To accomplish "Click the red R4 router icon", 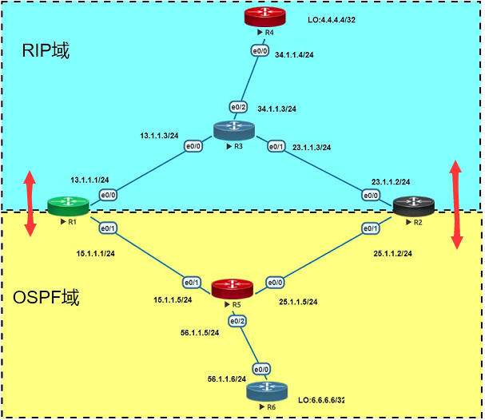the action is [264, 17].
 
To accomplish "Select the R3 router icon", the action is [234, 131].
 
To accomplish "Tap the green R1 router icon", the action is [69, 206].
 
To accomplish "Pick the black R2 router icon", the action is [414, 206].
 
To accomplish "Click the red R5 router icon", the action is [233, 289].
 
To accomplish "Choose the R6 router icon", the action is [267, 391].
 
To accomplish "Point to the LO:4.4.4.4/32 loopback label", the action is [332, 20].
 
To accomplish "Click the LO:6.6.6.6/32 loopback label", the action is [321, 400].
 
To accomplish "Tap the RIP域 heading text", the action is [46, 50].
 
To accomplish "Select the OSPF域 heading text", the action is [46, 297].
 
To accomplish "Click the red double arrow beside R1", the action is [30, 204].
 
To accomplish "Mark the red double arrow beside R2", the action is [456, 204].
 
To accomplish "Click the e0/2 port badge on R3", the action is [238, 107].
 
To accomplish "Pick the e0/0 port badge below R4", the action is [260, 51].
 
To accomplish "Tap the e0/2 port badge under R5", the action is [237, 322].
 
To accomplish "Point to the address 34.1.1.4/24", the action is [294, 55].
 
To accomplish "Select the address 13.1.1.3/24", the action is [159, 136].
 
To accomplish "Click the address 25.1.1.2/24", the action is [393, 254].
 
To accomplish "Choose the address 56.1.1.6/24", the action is [227, 379].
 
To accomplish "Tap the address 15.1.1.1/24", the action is [96, 254].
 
